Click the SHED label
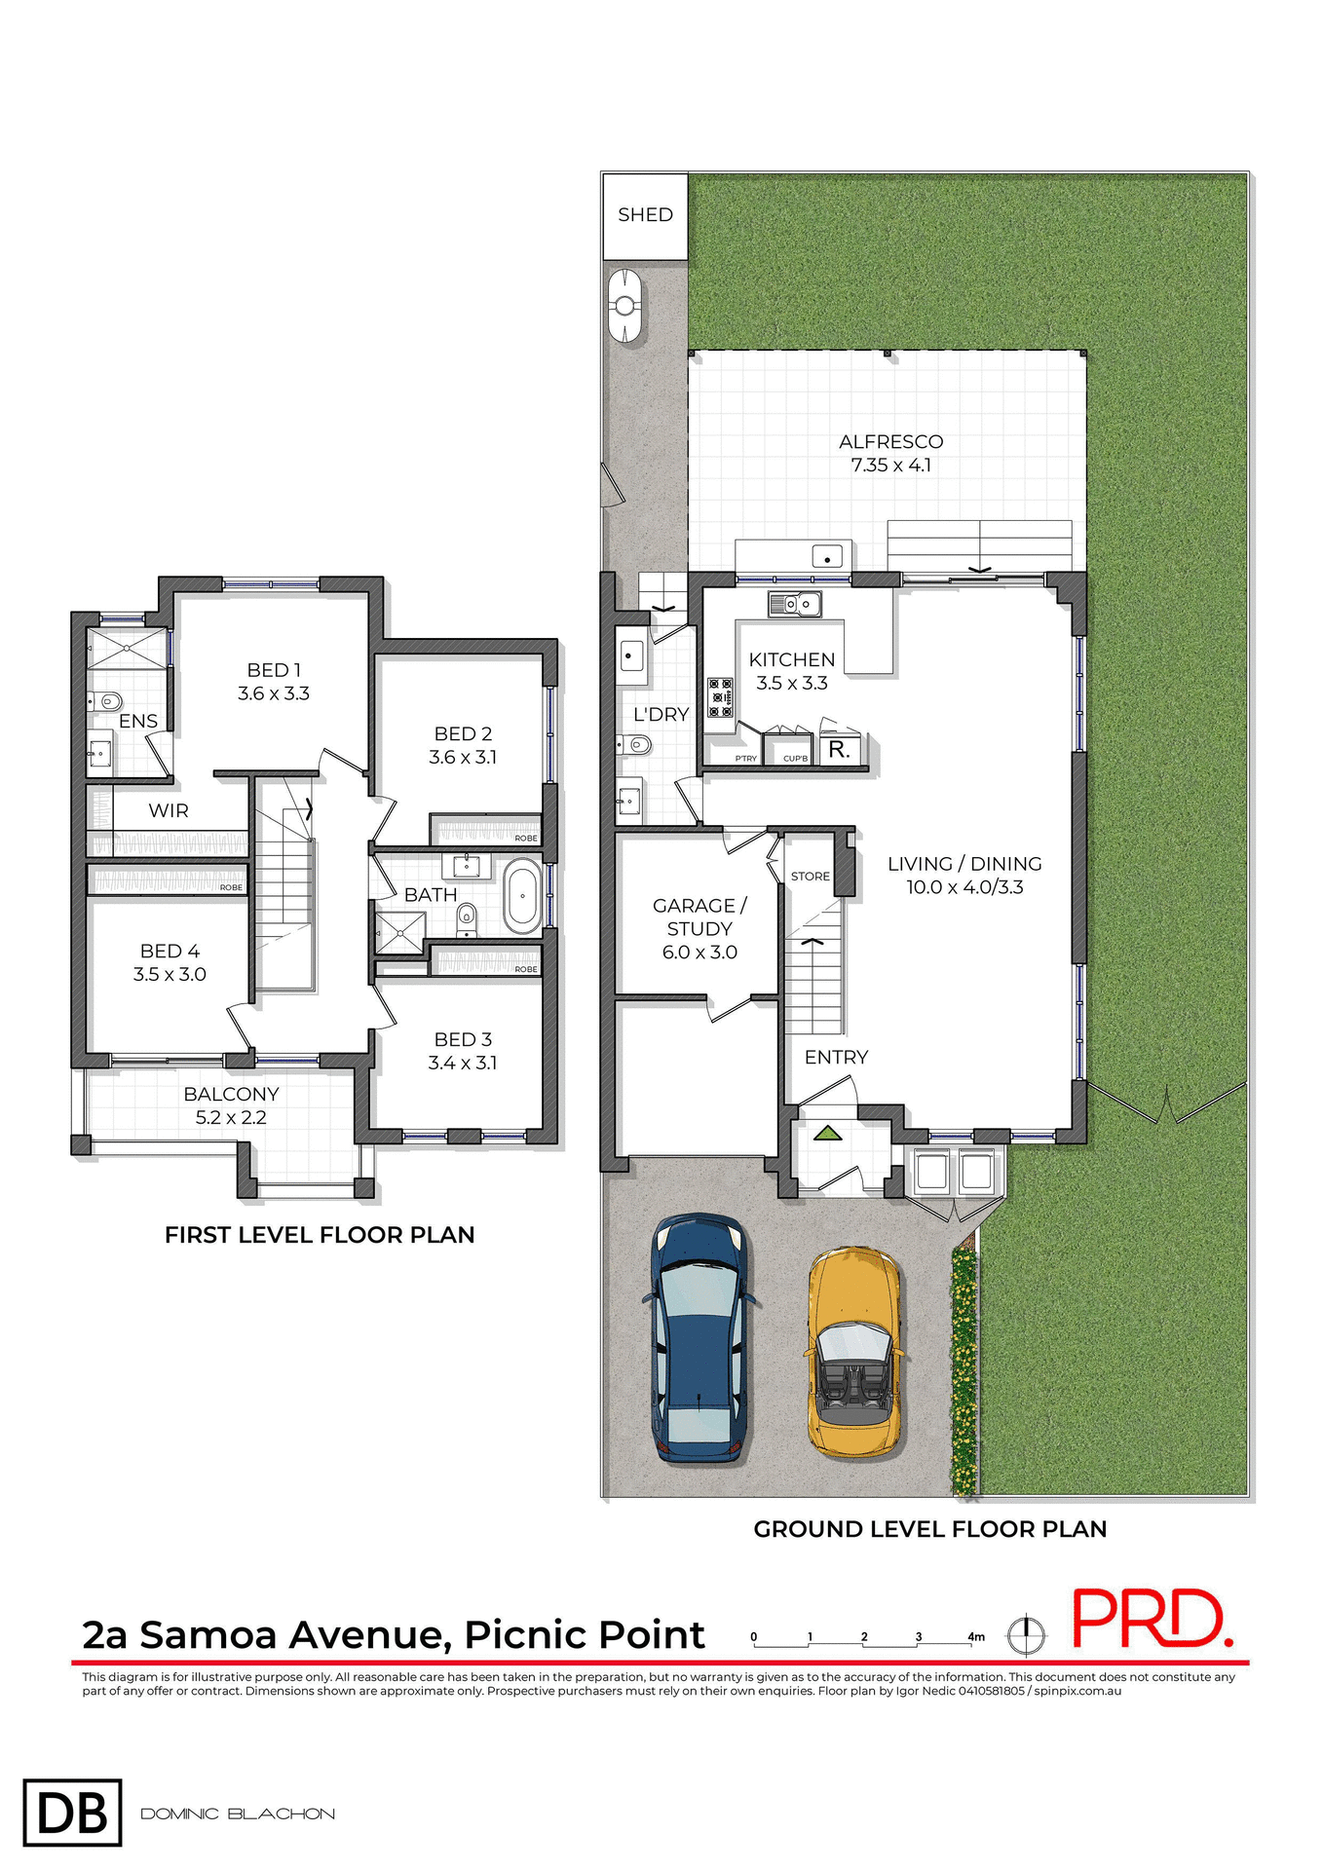[645, 214]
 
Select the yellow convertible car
[853, 1353]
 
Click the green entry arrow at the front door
[827, 1133]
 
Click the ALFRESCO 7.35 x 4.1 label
[890, 453]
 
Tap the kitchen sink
[794, 605]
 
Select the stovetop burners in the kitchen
[720, 697]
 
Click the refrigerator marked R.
[839, 750]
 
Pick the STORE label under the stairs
[810, 877]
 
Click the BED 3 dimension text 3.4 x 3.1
[463, 1063]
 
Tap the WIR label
[169, 810]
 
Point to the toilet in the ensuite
[105, 700]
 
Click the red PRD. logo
[1151, 1620]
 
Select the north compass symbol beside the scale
[1026, 1634]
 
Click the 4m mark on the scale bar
[975, 1637]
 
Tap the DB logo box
[73, 1813]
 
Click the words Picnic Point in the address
[584, 1635]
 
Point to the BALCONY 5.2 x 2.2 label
[231, 1105]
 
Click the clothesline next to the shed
[624, 307]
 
